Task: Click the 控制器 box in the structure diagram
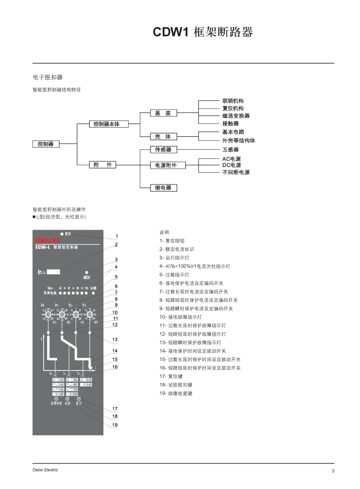pyautogui.click(x=46, y=144)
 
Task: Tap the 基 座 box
pyautogui.click(x=163, y=113)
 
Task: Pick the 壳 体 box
pyautogui.click(x=163, y=136)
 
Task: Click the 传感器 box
pyautogui.click(x=163, y=150)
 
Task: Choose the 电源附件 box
pyautogui.click(x=163, y=165)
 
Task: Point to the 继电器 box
pyautogui.click(x=163, y=188)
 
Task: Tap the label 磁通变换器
pyautogui.click(x=236, y=116)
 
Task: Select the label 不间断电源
pyautogui.click(x=236, y=173)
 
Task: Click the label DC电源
pyautogui.click(x=231, y=165)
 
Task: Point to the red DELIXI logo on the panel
pyautogui.click(x=47, y=240)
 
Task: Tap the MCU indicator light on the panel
pyautogui.click(x=87, y=272)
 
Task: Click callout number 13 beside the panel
pyautogui.click(x=115, y=340)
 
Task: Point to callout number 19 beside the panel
pyautogui.click(x=115, y=425)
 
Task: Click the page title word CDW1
pyautogui.click(x=172, y=33)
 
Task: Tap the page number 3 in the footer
pyautogui.click(x=332, y=471)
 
